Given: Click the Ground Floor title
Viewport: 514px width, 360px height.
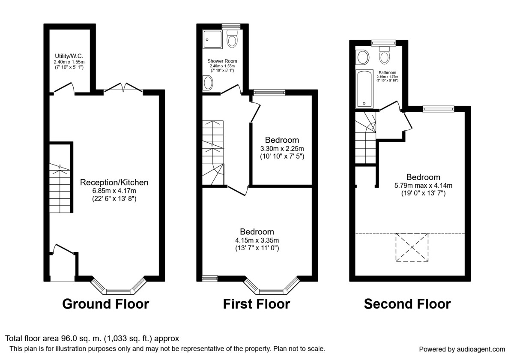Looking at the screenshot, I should point(105,304).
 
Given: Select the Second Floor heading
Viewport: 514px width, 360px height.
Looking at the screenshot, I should point(407,304).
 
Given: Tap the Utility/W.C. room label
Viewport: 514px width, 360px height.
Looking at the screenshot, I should point(69,56).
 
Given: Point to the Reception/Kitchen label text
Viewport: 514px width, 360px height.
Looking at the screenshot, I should point(114,183).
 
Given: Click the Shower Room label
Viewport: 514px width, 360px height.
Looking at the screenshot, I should point(222,61).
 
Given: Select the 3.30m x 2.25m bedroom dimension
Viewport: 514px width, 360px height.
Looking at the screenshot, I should point(282,148).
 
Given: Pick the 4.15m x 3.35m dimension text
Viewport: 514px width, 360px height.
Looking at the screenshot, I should point(257,240).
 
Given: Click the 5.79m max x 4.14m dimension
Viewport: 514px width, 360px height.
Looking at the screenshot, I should point(423,185).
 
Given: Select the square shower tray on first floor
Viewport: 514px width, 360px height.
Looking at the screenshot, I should point(212,39).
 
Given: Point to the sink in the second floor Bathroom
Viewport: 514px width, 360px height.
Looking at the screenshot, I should point(363,57).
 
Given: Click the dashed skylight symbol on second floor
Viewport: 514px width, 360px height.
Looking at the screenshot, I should point(412,247).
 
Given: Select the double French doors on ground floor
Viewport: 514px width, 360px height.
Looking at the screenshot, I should point(123,88).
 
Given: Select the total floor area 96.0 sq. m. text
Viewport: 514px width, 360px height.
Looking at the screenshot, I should point(92,339).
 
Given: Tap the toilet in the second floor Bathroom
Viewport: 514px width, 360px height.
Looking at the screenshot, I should point(384,57).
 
